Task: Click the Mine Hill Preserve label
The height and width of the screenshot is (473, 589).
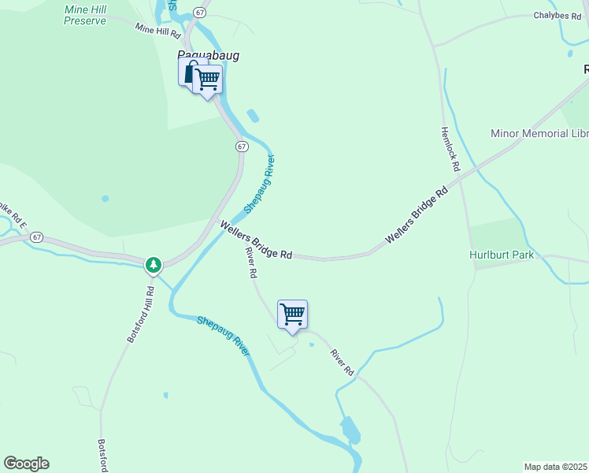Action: pos(85,14)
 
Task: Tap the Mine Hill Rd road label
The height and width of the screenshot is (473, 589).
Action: pos(157,30)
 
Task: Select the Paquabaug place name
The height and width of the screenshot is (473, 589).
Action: pos(207,55)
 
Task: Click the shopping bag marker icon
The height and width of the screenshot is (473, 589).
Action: pos(191,72)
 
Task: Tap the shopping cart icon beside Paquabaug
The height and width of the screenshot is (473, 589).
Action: pos(208,80)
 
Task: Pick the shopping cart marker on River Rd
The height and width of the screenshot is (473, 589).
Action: pos(292,315)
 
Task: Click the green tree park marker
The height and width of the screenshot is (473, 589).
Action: pos(154,264)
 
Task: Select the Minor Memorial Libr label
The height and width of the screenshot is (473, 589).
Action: pos(539,133)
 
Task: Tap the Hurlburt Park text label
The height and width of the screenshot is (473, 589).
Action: pos(502,255)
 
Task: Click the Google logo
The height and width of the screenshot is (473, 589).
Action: pos(26,464)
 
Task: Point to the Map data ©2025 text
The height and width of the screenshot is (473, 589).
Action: pos(555,466)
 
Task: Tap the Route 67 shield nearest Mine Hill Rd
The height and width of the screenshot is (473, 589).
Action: pos(200,13)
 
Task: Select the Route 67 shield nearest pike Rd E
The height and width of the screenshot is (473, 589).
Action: pos(38,237)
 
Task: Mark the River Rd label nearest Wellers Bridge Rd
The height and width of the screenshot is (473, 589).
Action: pos(251,263)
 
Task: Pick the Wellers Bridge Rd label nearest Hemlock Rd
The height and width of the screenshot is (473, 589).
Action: pos(416,215)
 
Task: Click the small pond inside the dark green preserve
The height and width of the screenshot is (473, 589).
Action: pos(105,199)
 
